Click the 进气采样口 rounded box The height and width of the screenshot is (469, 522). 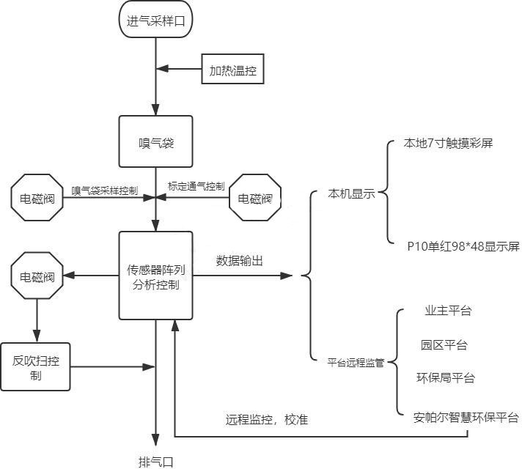pyautogui.click(x=155, y=21)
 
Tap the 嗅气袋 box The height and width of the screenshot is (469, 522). pyautogui.click(x=155, y=141)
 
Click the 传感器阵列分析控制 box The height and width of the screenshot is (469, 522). pyautogui.click(x=155, y=276)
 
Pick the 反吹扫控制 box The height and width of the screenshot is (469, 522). pyautogui.click(x=36, y=366)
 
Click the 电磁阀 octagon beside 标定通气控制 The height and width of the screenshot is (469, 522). pyautogui.click(x=256, y=198)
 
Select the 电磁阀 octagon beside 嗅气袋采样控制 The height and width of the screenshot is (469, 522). pyautogui.click(x=37, y=198)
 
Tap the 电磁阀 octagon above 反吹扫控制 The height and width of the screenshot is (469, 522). pyautogui.click(x=37, y=277)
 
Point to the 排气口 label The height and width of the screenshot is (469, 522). pyautogui.click(x=155, y=461)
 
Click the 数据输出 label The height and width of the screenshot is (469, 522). pyautogui.click(x=240, y=260)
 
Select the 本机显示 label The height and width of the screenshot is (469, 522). pyautogui.click(x=352, y=194)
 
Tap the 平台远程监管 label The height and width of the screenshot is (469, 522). pyautogui.click(x=356, y=362)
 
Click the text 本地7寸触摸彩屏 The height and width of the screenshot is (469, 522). pyautogui.click(x=449, y=143)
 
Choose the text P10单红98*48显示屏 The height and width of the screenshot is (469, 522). pyautogui.click(x=463, y=246)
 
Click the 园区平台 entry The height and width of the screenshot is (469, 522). pyautogui.click(x=444, y=344)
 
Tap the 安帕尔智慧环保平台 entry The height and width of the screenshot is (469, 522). pyautogui.click(x=466, y=418)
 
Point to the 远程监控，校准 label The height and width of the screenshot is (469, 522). pyautogui.click(x=267, y=420)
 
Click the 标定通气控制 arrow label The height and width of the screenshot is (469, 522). pyautogui.click(x=196, y=187)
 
